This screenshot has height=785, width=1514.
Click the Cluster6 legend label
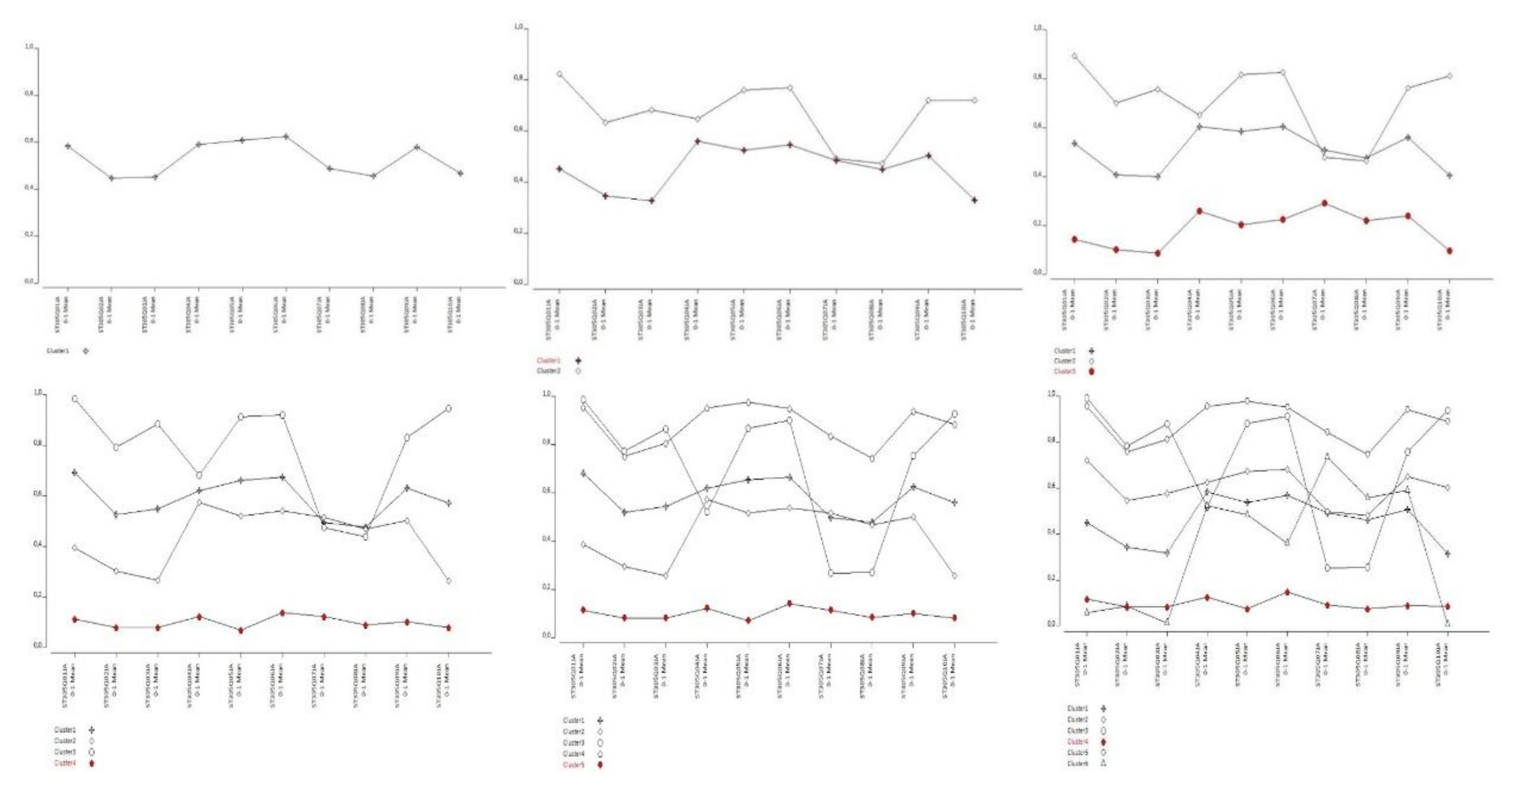1078,763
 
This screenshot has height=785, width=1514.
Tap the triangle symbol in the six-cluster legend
1103,763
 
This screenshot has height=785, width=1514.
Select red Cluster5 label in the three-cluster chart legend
1065,372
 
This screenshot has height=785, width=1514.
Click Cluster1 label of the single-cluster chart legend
58,351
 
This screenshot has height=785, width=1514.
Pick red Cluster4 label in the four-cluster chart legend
65,763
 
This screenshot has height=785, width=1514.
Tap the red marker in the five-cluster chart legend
601,765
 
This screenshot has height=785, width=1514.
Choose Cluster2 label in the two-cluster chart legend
549,372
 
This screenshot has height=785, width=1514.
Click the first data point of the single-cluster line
68,146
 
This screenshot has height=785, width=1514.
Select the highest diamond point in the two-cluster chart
559,74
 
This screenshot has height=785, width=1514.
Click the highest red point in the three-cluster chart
1324,203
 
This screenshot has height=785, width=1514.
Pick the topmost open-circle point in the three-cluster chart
1074,56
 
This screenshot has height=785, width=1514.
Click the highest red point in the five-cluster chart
789,604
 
